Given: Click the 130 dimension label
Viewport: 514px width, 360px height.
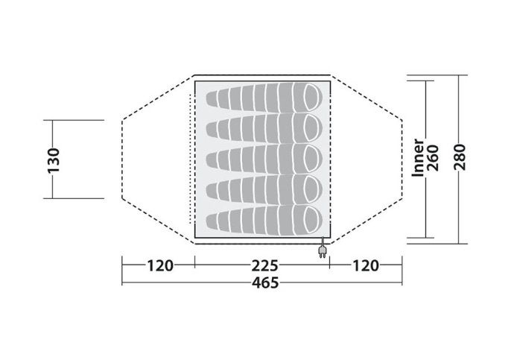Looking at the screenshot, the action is click(54, 160).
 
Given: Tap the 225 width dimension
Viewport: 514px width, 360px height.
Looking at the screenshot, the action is click(264, 265).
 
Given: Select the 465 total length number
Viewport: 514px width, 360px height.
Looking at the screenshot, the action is click(265, 282).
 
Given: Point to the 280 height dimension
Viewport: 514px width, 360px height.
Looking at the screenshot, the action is click(460, 157).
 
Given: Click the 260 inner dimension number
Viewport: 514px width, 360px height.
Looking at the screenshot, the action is click(433, 158).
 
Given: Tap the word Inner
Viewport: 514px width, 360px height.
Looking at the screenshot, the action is click(419, 158).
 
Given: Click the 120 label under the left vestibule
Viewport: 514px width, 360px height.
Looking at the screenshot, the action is click(160, 265).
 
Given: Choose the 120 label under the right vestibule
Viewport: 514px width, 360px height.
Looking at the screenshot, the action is click(366, 265).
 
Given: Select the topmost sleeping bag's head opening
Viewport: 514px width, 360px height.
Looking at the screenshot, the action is click(311, 98).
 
